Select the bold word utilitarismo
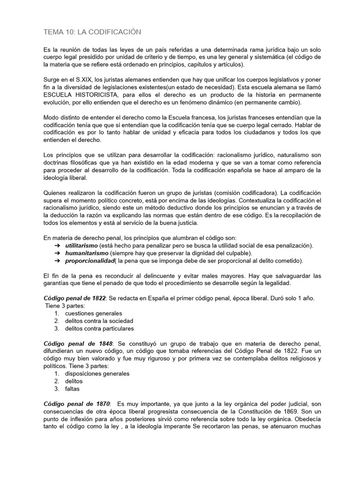tap(81, 246)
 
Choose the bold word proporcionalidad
tap(90, 261)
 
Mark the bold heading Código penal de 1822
tap(75, 298)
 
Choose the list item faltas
tap(73, 389)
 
